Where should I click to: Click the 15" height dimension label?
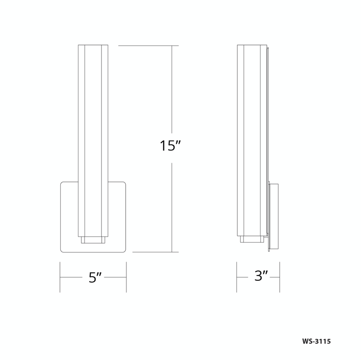pos(170,146)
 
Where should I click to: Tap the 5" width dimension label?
pos(95,277)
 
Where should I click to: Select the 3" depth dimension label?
pos(261,276)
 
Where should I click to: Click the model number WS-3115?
pos(316,341)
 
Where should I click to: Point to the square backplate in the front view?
pos(69,217)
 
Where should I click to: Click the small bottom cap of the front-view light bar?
pos(93,239)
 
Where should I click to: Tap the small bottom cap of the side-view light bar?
pos(252,239)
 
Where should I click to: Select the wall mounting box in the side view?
pos(274,216)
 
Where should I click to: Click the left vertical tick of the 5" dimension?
pos(60,277)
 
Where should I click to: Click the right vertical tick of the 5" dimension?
pos(126,277)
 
